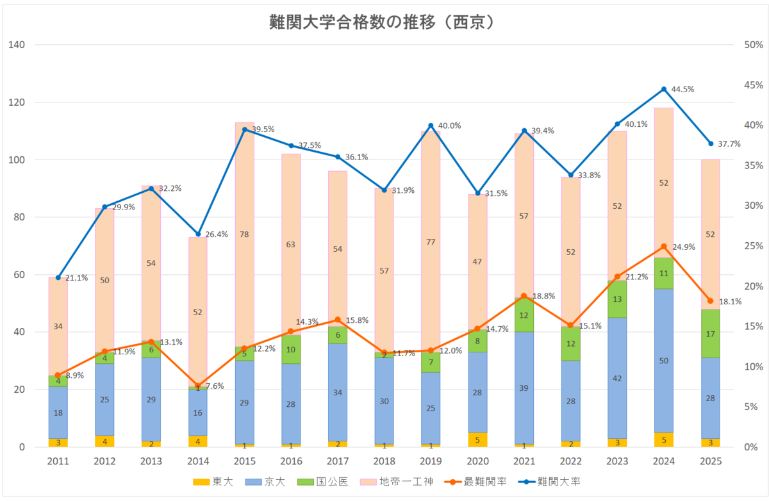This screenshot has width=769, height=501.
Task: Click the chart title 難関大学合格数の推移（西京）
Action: click(382, 22)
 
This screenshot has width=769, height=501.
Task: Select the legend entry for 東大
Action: click(213, 482)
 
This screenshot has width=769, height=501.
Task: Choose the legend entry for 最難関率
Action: click(475, 482)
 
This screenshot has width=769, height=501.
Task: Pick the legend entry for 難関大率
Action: click(549, 482)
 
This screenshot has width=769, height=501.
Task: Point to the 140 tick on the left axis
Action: click(17, 45)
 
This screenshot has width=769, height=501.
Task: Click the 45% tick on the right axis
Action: click(754, 85)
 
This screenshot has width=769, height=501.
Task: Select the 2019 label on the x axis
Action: click(431, 461)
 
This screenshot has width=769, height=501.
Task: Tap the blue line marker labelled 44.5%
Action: click(664, 89)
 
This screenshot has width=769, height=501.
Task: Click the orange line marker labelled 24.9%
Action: click(664, 247)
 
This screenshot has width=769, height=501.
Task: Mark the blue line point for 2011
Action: click(58, 277)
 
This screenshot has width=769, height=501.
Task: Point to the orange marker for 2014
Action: click(198, 386)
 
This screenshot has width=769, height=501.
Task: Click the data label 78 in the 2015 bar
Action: click(244, 234)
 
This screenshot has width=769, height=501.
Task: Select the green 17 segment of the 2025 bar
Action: click(710, 334)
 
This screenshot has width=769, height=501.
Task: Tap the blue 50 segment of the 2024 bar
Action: click(664, 361)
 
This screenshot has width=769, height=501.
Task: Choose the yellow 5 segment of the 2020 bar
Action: click(477, 440)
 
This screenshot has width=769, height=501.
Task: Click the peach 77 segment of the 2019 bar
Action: click(431, 242)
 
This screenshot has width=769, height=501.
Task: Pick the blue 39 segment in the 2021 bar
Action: click(524, 388)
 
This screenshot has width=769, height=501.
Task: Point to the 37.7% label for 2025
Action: click(729, 144)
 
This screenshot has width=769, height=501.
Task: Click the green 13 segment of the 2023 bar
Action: click(617, 299)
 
